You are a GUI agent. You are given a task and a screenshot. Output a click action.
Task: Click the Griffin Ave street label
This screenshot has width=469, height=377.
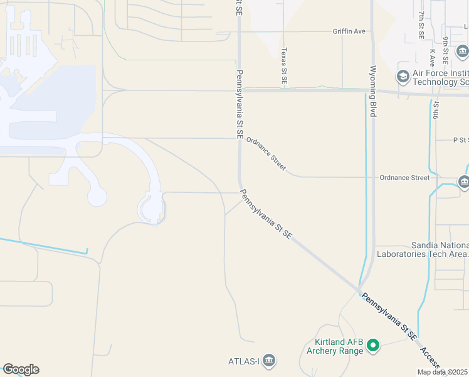click(349, 31)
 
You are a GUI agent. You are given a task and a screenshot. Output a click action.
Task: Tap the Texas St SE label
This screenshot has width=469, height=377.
click(284, 66)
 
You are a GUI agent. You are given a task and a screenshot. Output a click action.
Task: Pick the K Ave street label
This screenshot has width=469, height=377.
click(433, 57)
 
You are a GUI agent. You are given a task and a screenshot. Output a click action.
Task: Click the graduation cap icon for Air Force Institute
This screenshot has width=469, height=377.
click(403, 77)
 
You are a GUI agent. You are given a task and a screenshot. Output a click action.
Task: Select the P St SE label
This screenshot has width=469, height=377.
click(460, 139)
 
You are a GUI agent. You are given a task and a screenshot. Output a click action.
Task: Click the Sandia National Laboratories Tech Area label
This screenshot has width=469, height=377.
click(422, 249)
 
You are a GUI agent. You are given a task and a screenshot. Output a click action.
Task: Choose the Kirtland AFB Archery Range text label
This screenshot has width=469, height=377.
click(335, 346)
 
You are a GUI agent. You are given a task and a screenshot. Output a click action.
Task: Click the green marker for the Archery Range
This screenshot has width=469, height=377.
click(372, 345)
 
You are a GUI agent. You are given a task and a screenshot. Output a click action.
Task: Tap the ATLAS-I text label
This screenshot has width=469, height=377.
click(243, 361)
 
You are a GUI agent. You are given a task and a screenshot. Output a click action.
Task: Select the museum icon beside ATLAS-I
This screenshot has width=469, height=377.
click(270, 361)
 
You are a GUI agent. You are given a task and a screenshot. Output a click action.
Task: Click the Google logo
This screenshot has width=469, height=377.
click(21, 369)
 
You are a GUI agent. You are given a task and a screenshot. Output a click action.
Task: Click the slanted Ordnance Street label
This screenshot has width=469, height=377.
click(266, 154)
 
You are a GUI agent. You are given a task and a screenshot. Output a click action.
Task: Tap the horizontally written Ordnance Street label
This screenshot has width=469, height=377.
click(404, 178)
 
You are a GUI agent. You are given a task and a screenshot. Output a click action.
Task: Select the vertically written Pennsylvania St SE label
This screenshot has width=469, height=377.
click(240, 104)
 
